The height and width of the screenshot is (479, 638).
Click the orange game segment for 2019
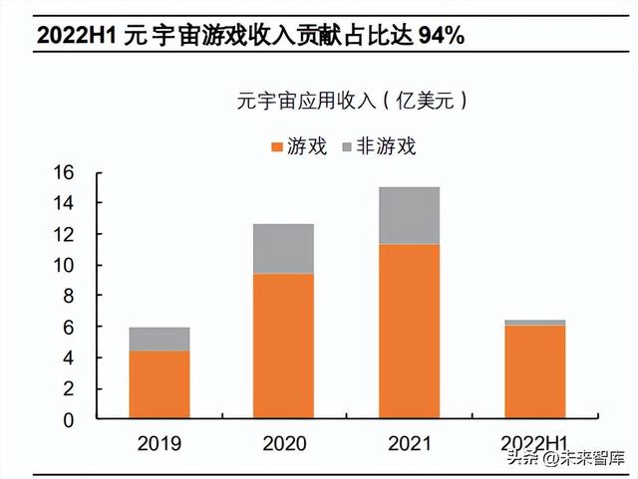click(159, 384)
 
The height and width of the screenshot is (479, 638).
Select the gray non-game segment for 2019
click(159, 339)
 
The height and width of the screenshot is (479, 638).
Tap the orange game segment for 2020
click(283, 347)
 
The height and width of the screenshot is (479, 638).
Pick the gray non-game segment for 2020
click(283, 249)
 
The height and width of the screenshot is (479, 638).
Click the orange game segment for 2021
click(409, 332)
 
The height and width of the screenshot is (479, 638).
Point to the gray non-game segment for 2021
click(409, 215)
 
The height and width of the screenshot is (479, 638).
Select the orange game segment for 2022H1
click(534, 372)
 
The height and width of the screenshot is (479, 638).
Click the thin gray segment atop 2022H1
click(534, 323)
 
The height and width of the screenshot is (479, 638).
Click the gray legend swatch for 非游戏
click(347, 147)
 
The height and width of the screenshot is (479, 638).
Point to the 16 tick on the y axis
click(63, 172)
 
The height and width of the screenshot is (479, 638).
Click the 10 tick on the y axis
click(63, 265)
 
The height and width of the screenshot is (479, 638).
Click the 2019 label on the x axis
click(159, 443)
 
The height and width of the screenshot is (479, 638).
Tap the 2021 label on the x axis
click(409, 443)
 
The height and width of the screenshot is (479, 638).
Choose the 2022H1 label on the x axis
click(534, 443)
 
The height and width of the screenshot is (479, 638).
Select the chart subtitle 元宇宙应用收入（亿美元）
click(352, 100)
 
